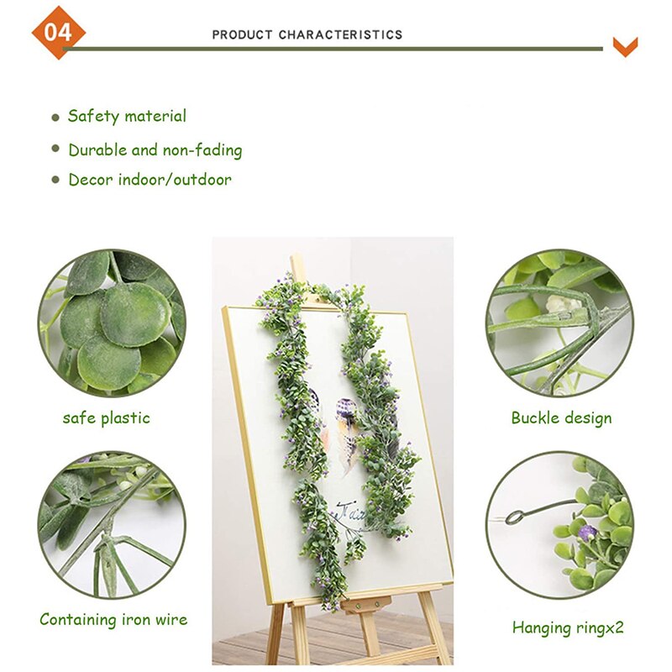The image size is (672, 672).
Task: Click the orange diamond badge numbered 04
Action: pos(58,33)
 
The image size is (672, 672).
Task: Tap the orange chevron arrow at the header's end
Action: pos(625,47)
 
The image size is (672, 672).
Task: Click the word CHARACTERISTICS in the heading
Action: pos(341,34)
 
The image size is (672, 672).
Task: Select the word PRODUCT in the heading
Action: pos(242,34)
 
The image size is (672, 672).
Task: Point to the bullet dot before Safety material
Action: pos(55,118)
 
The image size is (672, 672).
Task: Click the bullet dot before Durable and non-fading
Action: pos(55,149)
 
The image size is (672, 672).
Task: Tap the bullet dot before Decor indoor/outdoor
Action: pos(55,180)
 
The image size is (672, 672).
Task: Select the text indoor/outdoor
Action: pos(175,180)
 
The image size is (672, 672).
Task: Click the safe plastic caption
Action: pos(107,418)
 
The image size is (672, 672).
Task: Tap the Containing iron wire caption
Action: pos(113,619)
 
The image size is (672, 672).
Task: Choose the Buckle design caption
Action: pos(561,418)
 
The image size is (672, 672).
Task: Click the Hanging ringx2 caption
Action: pos(568,627)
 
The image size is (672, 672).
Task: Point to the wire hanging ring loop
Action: pos(514,517)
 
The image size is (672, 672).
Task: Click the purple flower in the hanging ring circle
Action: pos(585,533)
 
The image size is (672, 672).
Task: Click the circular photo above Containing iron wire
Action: pos(112,524)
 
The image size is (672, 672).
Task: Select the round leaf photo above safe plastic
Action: pos(112,323)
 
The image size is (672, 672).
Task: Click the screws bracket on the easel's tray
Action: pos(366,605)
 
